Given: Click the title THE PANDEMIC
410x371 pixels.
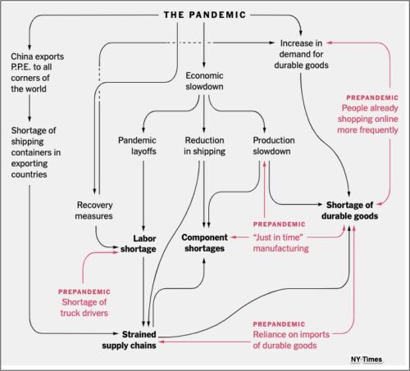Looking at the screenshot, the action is [205, 15].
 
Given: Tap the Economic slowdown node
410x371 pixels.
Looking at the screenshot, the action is [204, 81].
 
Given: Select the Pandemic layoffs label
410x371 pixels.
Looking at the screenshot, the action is [137, 146].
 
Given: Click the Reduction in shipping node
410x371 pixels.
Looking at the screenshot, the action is [204, 146].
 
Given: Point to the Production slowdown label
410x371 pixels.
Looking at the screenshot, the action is [274, 146].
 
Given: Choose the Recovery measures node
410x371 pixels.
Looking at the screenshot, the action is [93, 210].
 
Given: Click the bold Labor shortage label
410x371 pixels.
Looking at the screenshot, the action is [139, 243].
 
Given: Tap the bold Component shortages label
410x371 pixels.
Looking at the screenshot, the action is [204, 242].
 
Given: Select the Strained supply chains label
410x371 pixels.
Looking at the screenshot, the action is [129, 340].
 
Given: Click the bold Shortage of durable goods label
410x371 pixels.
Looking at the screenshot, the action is [349, 210].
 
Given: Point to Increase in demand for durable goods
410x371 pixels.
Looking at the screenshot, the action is [301, 54].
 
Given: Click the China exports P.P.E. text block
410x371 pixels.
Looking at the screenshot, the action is [38, 72].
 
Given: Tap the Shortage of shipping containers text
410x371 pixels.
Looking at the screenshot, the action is [36, 152].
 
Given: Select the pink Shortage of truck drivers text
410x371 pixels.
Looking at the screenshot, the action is [84, 307].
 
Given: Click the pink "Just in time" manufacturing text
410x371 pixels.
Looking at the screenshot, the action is [280, 242].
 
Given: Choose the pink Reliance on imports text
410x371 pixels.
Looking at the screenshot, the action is [291, 340].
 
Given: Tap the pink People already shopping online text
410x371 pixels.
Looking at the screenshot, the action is [367, 119].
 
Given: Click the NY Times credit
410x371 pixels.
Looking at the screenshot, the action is [367, 360].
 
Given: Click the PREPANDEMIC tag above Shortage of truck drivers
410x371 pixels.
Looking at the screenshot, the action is [84, 292].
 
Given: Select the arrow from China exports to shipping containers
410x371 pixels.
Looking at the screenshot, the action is [30, 108].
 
